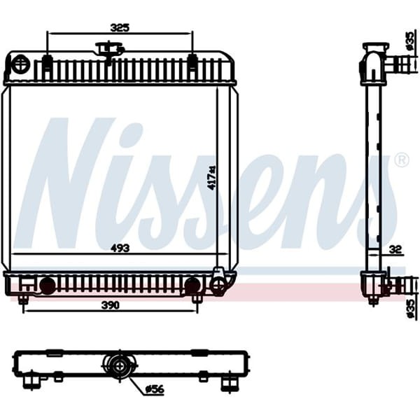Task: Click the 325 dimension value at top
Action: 120,28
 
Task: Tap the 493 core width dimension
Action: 120,246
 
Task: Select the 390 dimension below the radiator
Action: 108,305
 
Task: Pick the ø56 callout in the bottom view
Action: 153,390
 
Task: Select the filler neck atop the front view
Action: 109,50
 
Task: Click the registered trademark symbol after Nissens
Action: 402,160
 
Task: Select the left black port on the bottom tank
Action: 47,286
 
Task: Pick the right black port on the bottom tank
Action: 192,286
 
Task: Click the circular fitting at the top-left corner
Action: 20,66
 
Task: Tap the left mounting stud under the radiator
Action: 23,299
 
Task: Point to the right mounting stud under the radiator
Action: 197,299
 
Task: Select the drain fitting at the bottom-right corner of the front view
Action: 220,283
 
